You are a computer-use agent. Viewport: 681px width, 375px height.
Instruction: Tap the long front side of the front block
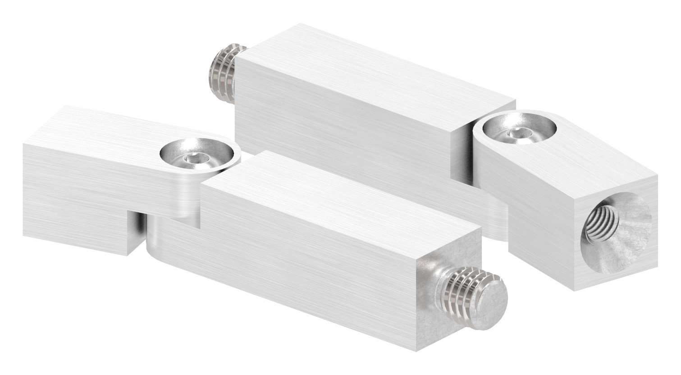tap(288, 275)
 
